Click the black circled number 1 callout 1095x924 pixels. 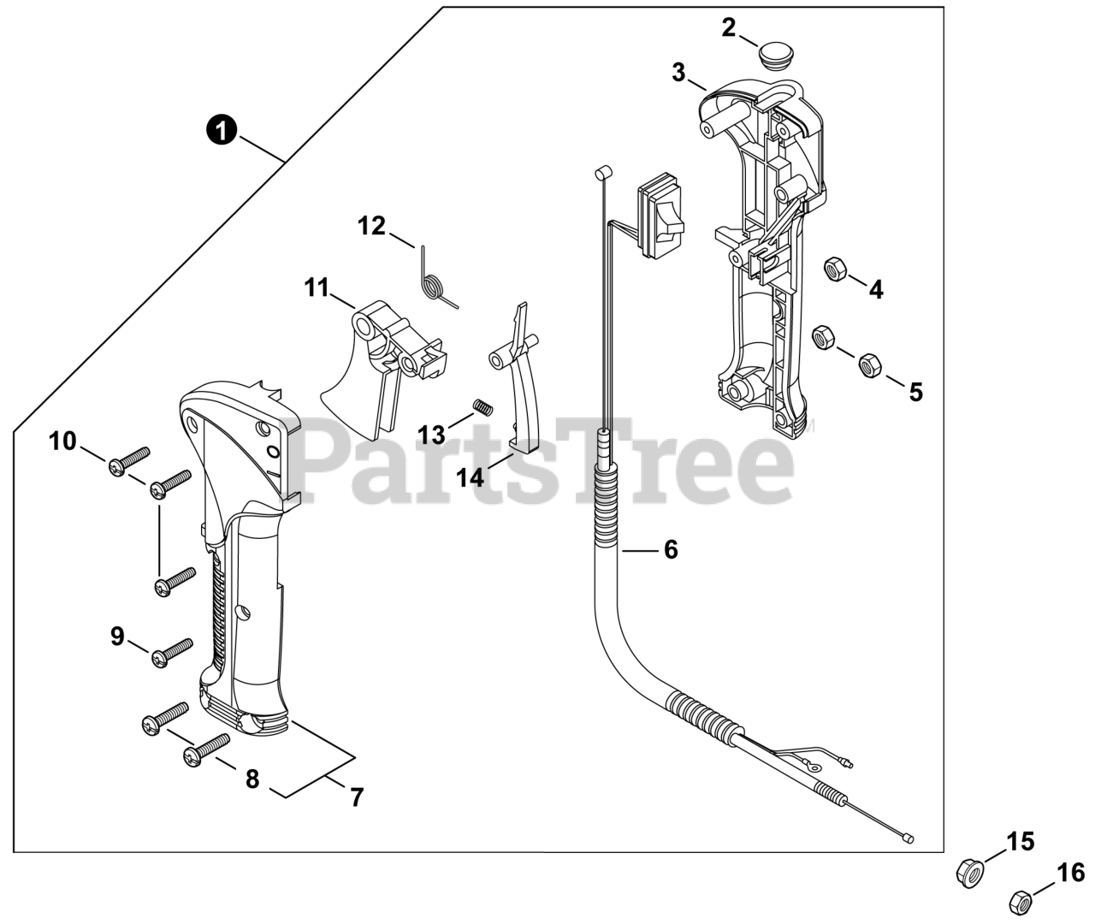pyautogui.click(x=222, y=131)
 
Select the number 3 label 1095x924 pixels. pyautogui.click(x=678, y=74)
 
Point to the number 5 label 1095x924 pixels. pyautogui.click(x=915, y=393)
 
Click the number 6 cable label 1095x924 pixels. pyautogui.click(x=670, y=550)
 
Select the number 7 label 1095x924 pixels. pyautogui.click(x=356, y=797)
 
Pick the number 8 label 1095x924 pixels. pyautogui.click(x=252, y=780)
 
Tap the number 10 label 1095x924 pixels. pyautogui.click(x=62, y=441)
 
